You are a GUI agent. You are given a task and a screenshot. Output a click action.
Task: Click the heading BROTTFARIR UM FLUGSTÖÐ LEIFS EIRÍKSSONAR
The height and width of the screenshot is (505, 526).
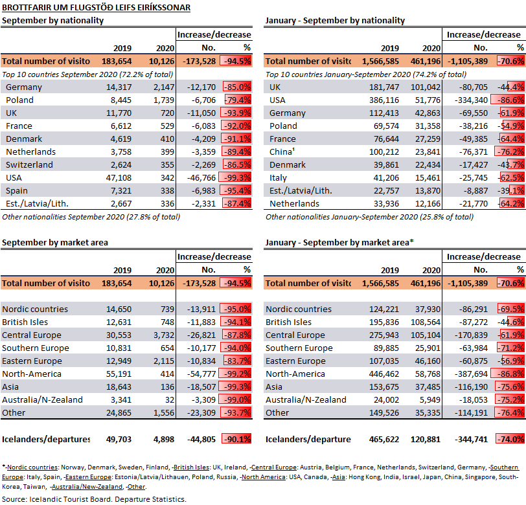click(x=97, y=7)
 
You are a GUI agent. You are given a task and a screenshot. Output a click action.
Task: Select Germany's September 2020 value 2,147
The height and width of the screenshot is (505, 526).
click(x=164, y=87)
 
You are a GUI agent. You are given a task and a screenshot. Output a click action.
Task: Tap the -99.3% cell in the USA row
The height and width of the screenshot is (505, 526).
click(x=235, y=178)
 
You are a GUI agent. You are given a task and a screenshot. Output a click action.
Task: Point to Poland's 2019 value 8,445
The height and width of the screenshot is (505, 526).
click(x=121, y=100)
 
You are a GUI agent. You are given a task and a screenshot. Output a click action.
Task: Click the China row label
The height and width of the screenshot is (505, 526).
click(x=282, y=152)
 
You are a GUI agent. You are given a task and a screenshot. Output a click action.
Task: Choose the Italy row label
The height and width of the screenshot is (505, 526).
click(x=278, y=178)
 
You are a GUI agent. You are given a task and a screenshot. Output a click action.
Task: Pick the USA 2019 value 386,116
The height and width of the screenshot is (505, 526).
click(x=384, y=100)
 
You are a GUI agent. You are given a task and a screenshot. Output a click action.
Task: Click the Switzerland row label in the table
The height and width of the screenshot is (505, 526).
click(x=30, y=165)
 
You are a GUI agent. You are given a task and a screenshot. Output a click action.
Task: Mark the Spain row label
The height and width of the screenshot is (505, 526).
click(x=16, y=191)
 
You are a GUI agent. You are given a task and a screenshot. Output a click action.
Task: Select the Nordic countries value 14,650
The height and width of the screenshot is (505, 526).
click(x=119, y=309)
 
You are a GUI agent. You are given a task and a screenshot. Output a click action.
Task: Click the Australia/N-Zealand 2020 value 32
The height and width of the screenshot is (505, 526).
click(x=170, y=400)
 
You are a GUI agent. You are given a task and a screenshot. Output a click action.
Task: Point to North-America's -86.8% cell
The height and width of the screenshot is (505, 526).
click(x=508, y=374)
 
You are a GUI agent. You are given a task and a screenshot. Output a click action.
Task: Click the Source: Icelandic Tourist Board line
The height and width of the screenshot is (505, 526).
click(x=94, y=499)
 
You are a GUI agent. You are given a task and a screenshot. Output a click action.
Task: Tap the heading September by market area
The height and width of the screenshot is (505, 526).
click(x=55, y=243)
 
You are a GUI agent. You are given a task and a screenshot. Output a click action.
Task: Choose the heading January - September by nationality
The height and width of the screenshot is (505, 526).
click(x=335, y=21)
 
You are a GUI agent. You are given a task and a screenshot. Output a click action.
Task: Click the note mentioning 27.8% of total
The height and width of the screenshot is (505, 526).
click(x=91, y=218)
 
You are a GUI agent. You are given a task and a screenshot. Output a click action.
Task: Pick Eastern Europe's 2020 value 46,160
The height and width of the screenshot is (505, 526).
click(x=428, y=361)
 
